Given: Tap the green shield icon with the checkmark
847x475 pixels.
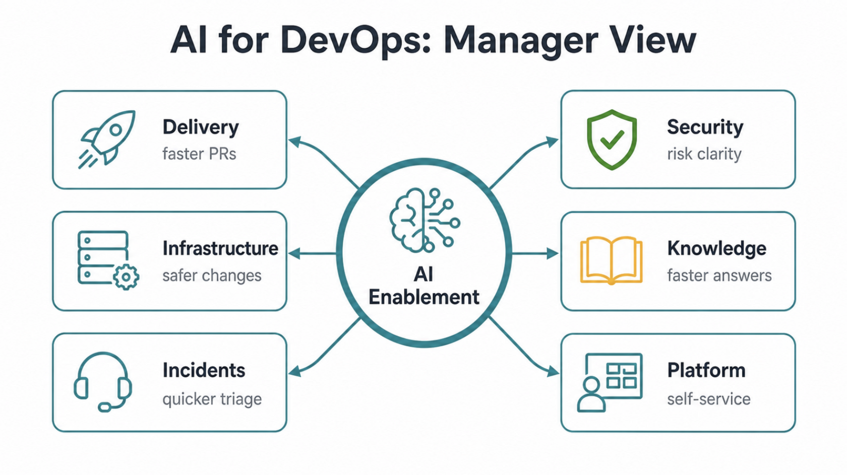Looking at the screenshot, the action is tap(612, 140).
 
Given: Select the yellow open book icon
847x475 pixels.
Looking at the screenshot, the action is tap(611, 260).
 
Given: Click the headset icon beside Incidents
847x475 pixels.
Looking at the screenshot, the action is tap(103, 382).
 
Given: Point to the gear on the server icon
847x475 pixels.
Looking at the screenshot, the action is tap(126, 277).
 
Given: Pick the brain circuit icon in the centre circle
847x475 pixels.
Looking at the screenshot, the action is tap(425, 220).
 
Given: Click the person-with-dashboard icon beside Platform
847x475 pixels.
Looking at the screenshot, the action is tap(610, 382).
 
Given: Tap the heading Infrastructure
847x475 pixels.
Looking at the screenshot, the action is tap(220, 248).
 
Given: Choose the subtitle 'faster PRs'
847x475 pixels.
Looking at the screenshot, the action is tap(199, 154).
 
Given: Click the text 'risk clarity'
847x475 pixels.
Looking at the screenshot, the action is tap(704, 154).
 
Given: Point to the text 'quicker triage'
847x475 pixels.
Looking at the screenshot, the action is tap(212, 399).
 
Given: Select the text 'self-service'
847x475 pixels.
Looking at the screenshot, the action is tap(709, 399).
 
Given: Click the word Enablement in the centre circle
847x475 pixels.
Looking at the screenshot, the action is tap(424, 297).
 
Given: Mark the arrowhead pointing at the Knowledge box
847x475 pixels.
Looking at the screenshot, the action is tap(553, 253).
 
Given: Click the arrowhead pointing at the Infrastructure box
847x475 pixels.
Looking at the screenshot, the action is tap(295, 253).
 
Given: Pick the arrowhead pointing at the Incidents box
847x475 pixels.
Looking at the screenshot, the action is tap(295, 371).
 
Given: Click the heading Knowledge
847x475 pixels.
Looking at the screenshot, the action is tap(716, 248).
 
